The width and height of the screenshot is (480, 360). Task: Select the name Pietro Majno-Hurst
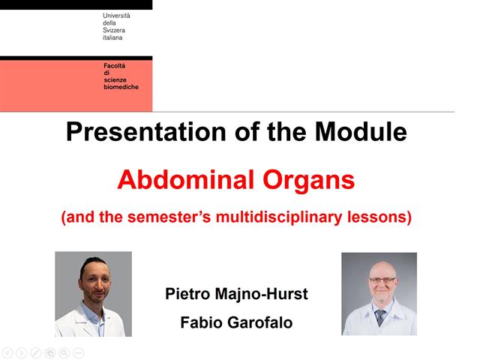click(236, 293)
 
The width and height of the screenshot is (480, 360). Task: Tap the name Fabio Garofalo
click(236, 323)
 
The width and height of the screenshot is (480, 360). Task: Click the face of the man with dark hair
click(93, 286)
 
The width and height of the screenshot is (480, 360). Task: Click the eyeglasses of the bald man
click(381, 280)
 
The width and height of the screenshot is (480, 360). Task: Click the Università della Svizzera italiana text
click(116, 26)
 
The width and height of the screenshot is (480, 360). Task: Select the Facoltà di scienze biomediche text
click(121, 76)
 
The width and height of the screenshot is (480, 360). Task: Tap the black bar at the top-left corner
click(76, 4)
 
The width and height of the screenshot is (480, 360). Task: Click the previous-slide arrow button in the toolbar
click(7, 352)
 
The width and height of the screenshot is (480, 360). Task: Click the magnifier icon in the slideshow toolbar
click(64, 352)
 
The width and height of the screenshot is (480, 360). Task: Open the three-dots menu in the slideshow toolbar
click(79, 352)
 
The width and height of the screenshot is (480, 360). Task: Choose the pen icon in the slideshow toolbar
click(36, 352)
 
